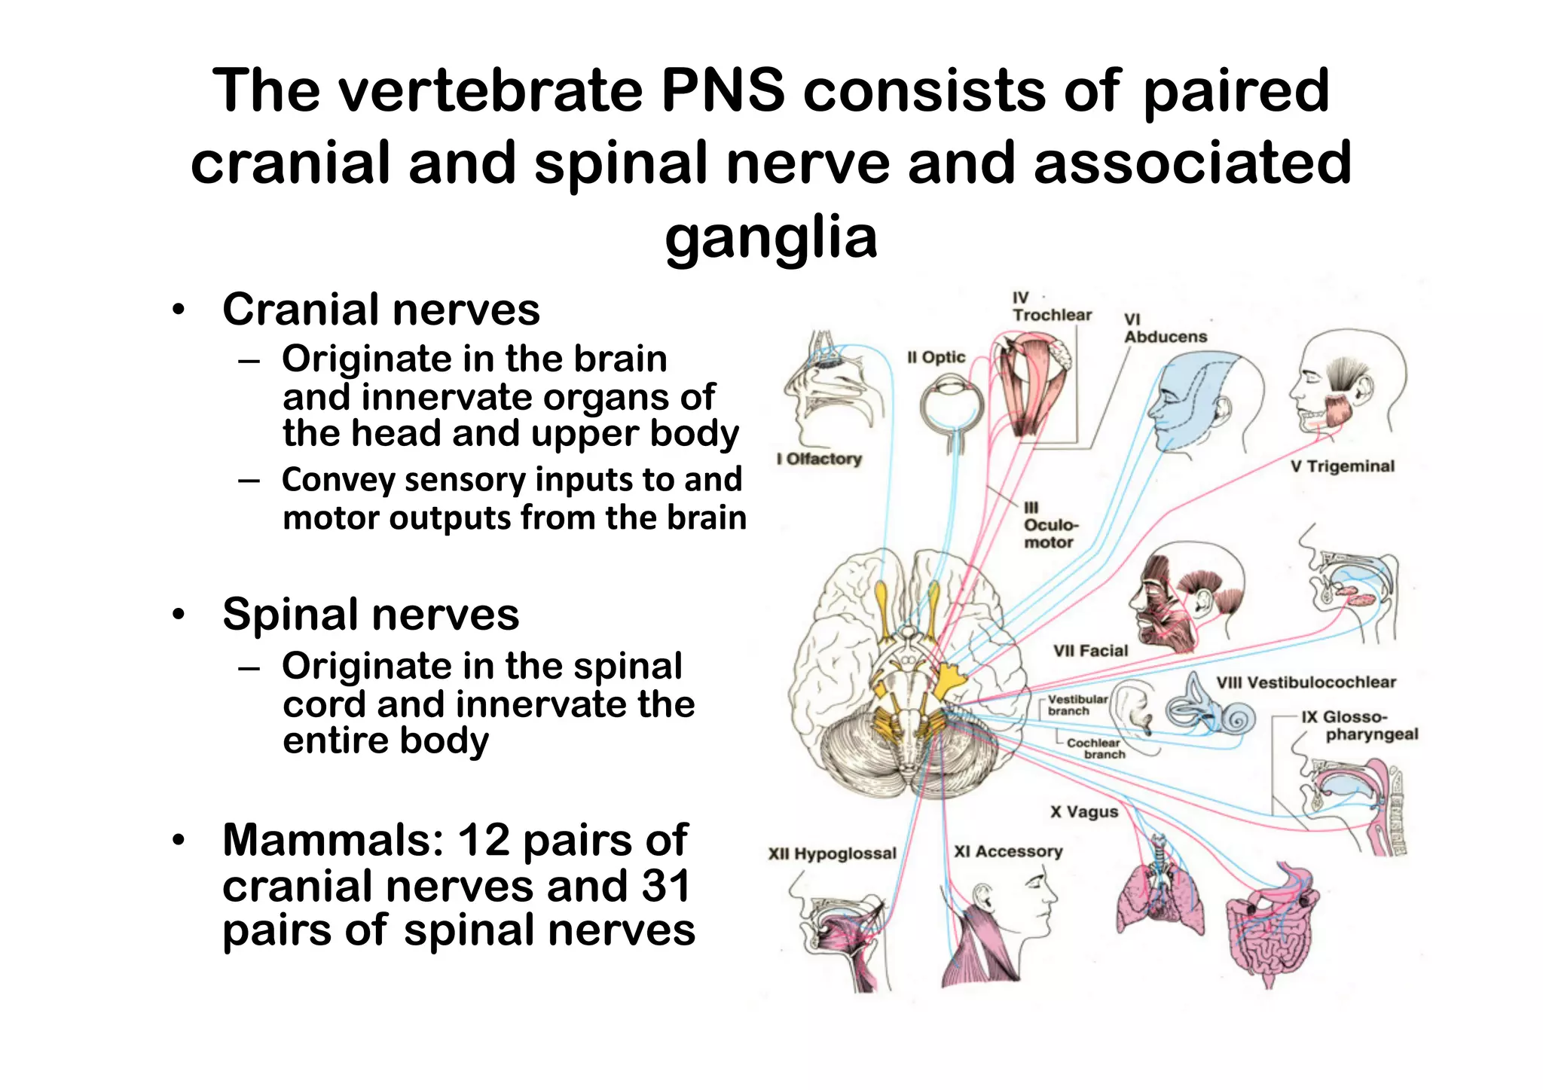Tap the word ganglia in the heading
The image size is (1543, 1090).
[771, 237]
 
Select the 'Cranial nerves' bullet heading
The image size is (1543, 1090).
[381, 310]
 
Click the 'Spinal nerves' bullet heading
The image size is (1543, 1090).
[371, 614]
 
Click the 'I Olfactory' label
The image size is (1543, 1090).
[819, 459]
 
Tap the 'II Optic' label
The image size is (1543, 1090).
[936, 358]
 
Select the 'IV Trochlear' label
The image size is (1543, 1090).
[1051, 307]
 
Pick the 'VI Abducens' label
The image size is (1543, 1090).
[1165, 329]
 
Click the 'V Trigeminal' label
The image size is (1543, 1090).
[1342, 466]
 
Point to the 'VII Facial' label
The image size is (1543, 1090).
[1090, 651]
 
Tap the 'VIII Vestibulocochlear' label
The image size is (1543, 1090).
[1306, 682]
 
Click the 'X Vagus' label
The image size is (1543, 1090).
[1084, 812]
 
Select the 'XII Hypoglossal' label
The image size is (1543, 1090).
[832, 853]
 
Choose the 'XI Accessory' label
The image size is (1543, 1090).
[1008, 851]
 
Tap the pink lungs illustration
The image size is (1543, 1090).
[1157, 896]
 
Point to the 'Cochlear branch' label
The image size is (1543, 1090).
[1095, 748]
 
